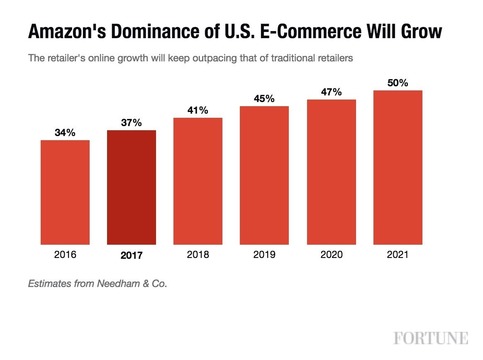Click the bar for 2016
pos(65,191)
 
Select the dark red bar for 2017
pos(131,187)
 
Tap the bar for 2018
pos(198,180)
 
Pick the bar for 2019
pos(264,174)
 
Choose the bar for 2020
pos(331,171)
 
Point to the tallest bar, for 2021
pos(397,166)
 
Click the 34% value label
pos(65,132)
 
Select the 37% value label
pos(131,122)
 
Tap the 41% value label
pos(198,110)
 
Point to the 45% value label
pos(264,98)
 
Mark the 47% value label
pos(331,92)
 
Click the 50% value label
pos(397,82)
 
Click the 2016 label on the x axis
pos(65,255)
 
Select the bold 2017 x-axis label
pos(131,255)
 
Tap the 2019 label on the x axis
pos(264,255)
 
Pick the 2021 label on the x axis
pos(397,255)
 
